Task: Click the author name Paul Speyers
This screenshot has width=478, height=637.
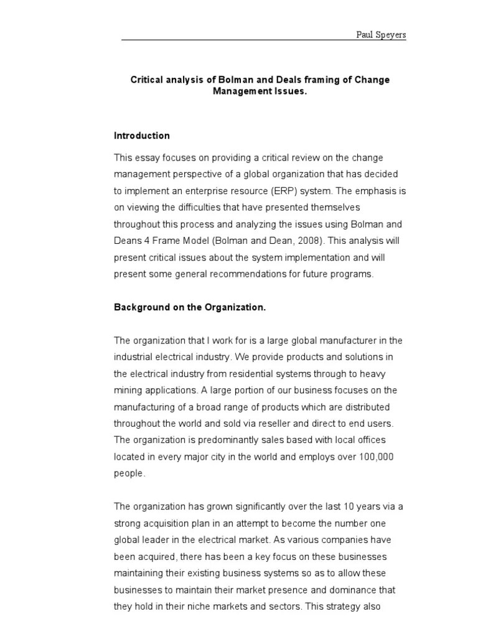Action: point(380,35)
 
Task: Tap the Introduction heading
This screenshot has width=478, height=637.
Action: point(142,136)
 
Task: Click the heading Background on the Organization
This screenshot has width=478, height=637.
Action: point(190,307)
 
